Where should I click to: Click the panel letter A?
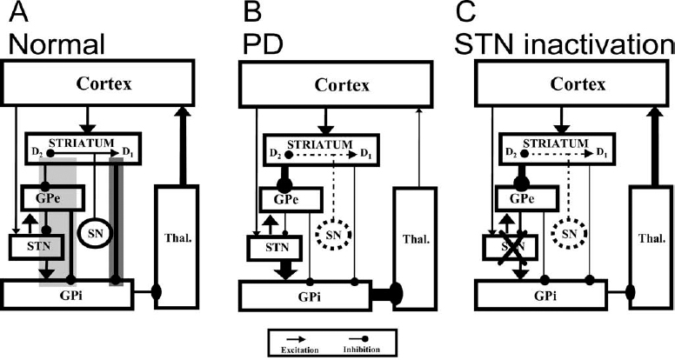click(12, 14)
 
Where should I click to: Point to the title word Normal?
click(50, 41)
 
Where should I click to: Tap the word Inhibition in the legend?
click(369, 347)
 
